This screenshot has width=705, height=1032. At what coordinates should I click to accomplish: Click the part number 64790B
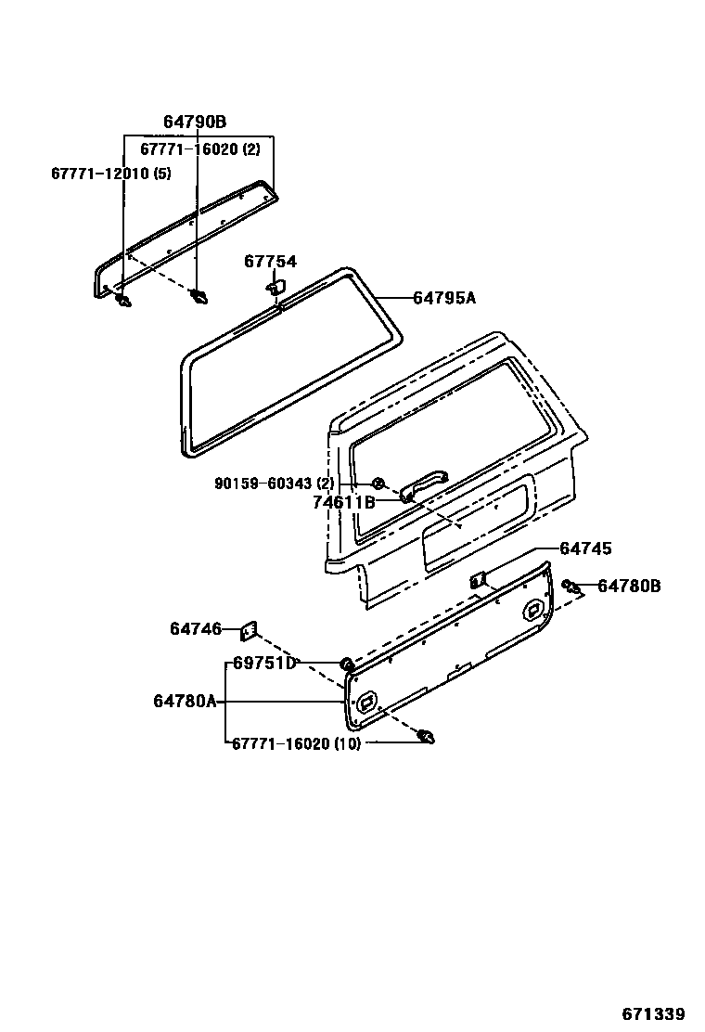coord(195,122)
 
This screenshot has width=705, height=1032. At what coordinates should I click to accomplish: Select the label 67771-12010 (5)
coord(111,173)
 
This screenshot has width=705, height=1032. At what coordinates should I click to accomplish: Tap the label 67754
coord(270,262)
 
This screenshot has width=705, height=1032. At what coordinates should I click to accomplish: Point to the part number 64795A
coord(443,298)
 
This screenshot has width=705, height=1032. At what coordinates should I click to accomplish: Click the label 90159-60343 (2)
coord(274,484)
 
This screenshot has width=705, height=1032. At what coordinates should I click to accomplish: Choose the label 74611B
coord(343,502)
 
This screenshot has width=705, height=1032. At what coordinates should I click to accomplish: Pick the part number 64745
coord(585,548)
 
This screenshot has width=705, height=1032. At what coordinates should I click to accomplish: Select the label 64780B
coord(629,586)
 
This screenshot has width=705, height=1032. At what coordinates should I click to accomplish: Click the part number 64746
coord(196,629)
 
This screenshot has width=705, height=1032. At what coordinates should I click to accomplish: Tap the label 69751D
coord(263,663)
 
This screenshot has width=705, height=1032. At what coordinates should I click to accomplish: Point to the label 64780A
coord(185,702)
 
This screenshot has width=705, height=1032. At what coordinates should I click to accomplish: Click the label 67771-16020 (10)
coord(295,742)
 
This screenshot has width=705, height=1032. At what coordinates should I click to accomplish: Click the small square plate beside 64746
coord(248,631)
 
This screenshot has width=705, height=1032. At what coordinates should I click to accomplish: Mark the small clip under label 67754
coord(275,288)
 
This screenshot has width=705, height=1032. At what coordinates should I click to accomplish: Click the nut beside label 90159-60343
coord(378,484)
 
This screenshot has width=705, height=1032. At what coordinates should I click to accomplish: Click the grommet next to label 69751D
coord(347,663)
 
